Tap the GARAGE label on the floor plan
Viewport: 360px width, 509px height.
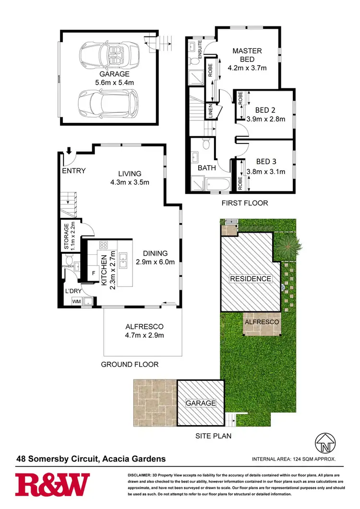(x=114, y=74)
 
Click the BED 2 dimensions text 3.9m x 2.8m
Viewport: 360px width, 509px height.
(x=265, y=119)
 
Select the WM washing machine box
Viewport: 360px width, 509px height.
(x=76, y=301)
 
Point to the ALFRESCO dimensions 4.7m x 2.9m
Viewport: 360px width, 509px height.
(x=143, y=335)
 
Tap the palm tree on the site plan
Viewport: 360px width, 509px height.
(x=290, y=245)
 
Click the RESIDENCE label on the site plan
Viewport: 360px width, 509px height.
(x=250, y=279)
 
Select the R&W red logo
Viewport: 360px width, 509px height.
(x=52, y=485)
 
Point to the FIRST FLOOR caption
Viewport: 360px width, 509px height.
(x=245, y=203)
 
